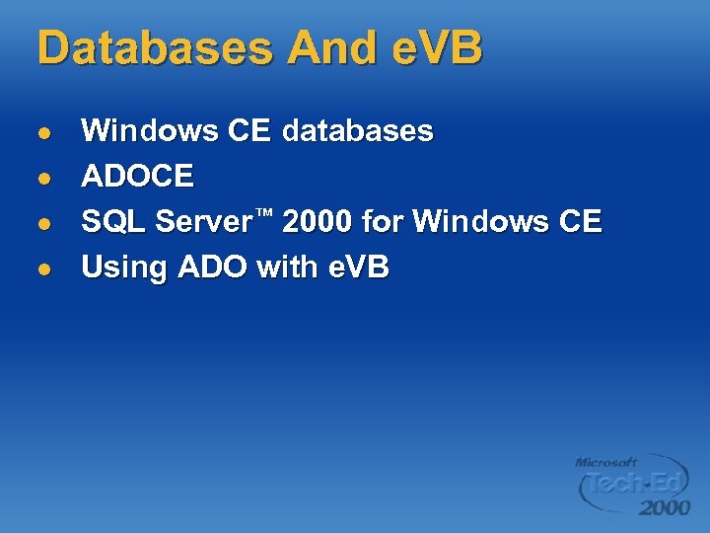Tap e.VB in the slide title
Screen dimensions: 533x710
click(435, 47)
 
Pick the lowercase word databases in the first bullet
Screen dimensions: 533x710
click(357, 130)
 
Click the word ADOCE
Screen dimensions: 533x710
click(137, 176)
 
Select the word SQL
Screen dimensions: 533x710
click(112, 221)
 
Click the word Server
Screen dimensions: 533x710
click(203, 221)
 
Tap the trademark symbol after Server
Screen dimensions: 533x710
click(265, 213)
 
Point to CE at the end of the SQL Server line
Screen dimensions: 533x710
click(579, 221)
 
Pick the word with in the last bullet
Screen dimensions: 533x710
click(285, 266)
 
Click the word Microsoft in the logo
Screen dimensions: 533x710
click(606, 462)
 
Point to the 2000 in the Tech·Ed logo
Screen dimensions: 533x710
click(664, 507)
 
